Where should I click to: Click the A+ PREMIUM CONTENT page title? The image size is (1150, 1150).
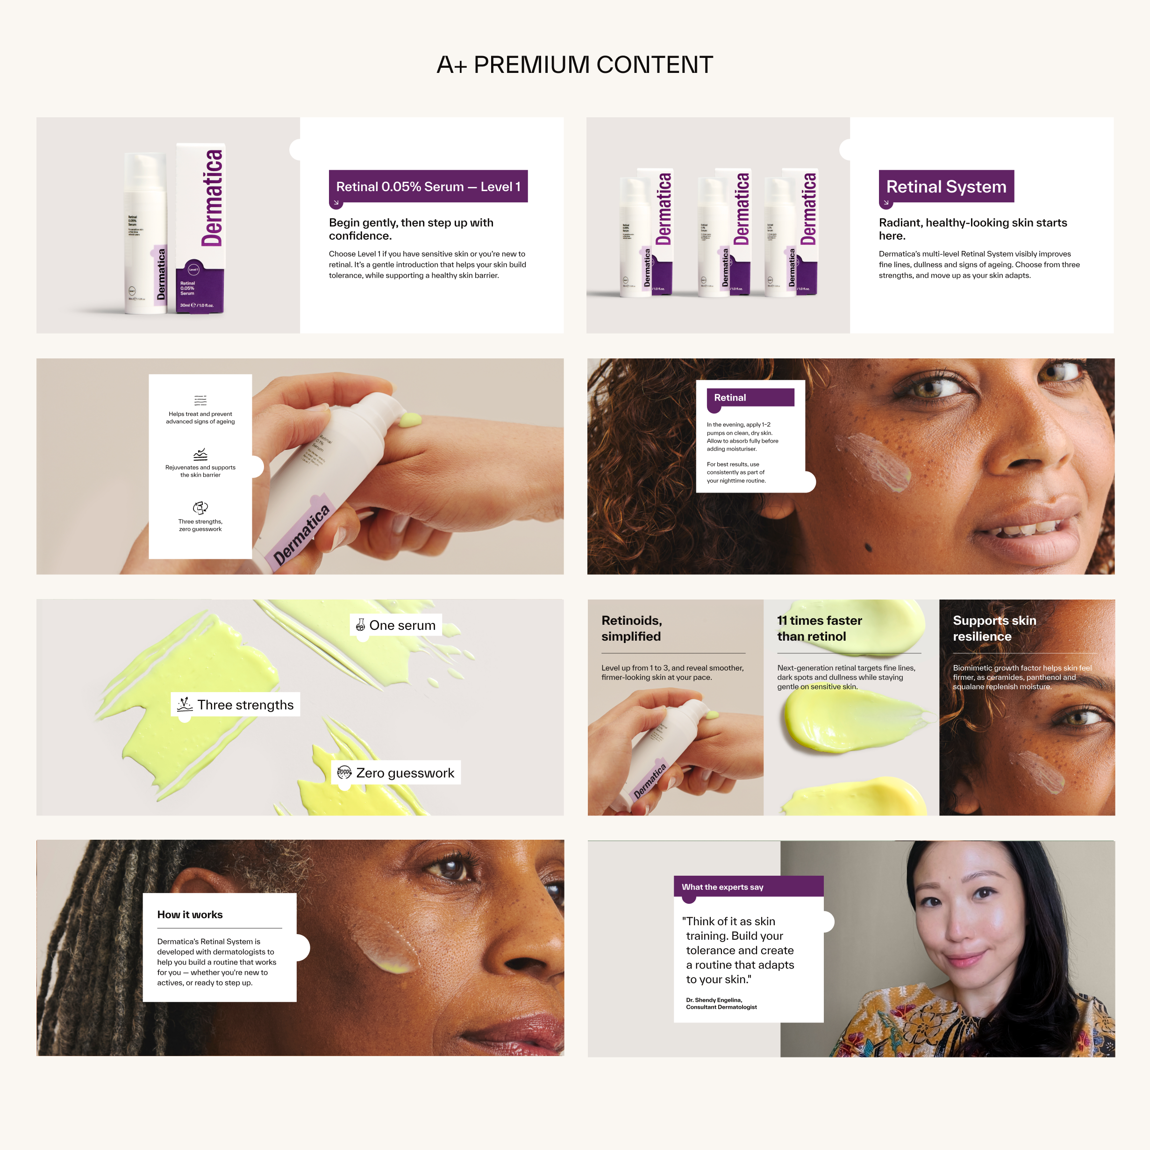click(574, 64)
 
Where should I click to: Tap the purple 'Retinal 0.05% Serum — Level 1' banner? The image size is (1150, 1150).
click(428, 186)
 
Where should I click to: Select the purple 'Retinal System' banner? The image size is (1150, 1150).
click(946, 186)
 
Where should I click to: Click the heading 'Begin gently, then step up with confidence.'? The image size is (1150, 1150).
click(411, 229)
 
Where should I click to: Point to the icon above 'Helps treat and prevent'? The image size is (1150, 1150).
click(200, 400)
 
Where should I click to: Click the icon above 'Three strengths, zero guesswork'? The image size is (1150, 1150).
click(200, 507)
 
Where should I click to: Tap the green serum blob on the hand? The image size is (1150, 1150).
click(411, 420)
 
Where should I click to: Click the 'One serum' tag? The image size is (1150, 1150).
click(396, 625)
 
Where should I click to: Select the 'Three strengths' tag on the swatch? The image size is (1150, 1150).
click(236, 705)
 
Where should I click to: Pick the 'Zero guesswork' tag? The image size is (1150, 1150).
click(396, 772)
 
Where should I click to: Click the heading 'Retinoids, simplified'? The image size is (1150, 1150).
click(632, 629)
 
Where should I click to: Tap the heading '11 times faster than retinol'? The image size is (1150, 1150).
click(819, 629)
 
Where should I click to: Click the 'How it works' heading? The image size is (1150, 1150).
click(190, 914)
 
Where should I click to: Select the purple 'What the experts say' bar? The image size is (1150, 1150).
click(748, 886)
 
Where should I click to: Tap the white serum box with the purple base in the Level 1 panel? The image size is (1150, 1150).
click(200, 229)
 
